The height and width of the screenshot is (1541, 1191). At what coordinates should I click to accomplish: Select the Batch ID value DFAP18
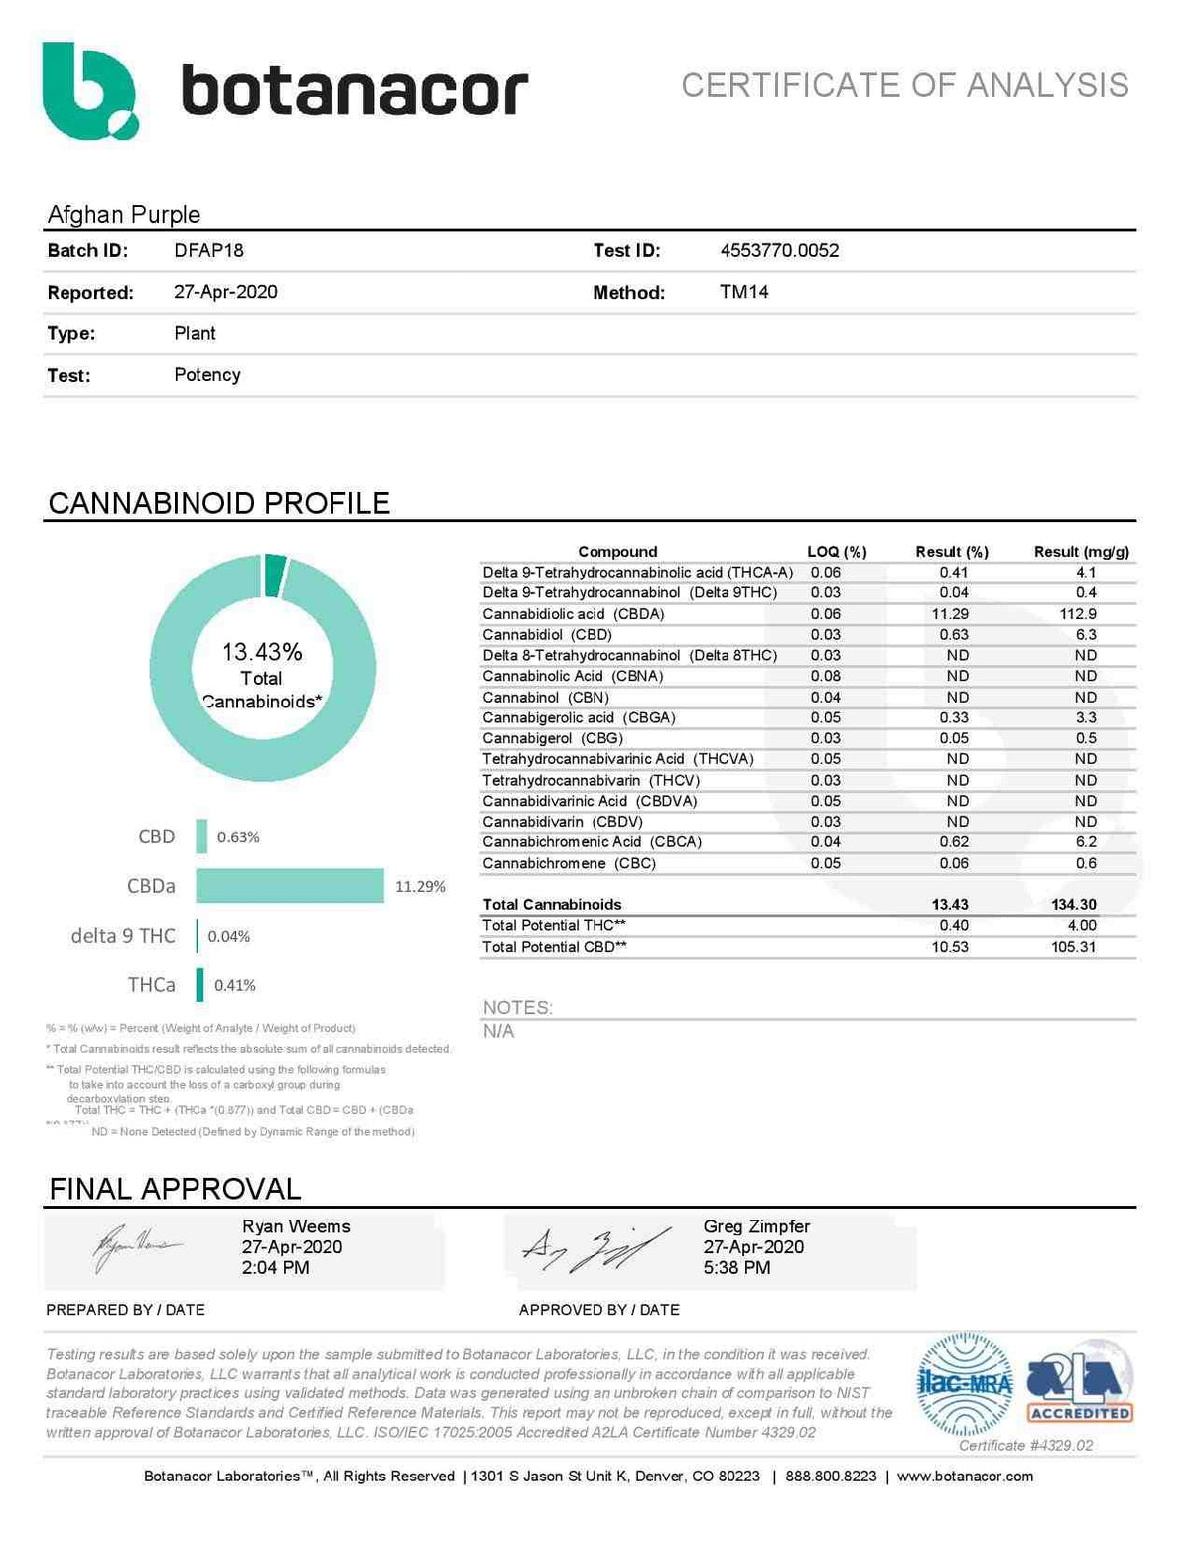(208, 250)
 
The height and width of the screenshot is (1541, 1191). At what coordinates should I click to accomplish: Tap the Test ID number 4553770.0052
(779, 250)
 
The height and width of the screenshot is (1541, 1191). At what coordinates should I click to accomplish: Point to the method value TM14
(743, 292)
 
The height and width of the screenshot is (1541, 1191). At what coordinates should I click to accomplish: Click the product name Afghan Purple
(124, 214)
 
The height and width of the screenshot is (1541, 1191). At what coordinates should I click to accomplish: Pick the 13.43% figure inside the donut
(262, 652)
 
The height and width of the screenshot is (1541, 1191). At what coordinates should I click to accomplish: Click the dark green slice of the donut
(275, 577)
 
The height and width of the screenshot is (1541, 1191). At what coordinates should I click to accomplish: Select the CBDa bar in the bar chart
(289, 886)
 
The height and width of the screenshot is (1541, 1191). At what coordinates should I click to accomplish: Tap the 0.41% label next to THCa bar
(235, 985)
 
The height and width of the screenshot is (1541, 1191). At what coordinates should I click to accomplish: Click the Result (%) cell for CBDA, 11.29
(950, 614)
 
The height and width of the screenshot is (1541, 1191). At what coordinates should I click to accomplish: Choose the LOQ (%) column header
(837, 551)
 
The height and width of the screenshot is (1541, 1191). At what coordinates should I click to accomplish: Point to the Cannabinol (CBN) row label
(546, 697)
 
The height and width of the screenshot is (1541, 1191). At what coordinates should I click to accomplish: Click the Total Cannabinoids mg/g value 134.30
(1074, 904)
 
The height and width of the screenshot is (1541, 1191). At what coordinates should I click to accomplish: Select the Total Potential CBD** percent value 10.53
(950, 947)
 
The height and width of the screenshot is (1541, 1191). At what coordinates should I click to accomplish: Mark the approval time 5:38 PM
(736, 1268)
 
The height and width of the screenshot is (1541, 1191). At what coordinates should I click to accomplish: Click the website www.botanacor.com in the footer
(965, 1477)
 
